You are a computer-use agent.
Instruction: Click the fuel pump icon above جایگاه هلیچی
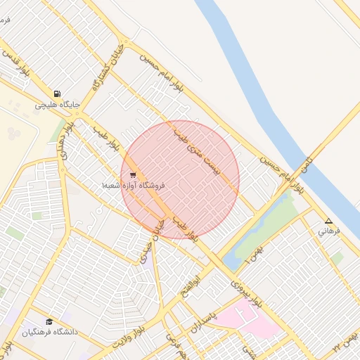point(56,94)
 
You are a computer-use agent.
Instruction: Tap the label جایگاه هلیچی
point(58,105)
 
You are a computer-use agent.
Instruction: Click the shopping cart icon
point(133,175)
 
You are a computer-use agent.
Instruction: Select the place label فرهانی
point(328,230)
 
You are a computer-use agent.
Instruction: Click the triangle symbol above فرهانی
point(328,220)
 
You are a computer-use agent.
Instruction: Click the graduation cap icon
point(49,321)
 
